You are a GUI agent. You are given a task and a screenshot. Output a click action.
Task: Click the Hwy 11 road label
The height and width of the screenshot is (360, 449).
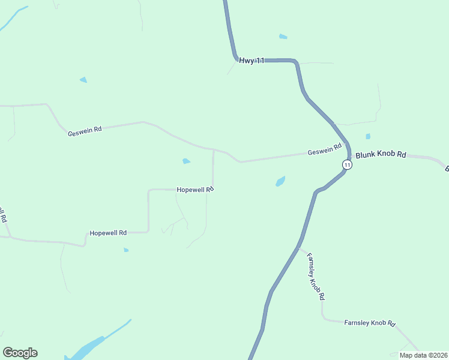[x=252, y=61]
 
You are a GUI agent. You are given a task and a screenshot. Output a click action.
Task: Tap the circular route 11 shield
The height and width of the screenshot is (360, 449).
[x=347, y=164]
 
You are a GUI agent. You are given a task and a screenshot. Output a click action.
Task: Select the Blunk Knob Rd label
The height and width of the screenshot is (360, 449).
[x=381, y=155]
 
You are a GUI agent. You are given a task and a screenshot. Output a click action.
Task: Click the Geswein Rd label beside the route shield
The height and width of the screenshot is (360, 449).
[x=325, y=150]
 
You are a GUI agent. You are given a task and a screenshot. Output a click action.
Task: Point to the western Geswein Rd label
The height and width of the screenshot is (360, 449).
[x=85, y=130]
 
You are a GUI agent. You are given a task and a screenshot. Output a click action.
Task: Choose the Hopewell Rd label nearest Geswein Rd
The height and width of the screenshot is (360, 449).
[x=195, y=190]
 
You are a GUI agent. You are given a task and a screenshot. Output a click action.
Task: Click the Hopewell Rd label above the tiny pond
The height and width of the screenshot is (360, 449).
[x=108, y=232]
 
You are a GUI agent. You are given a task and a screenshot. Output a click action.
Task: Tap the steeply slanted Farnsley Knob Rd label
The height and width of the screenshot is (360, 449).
[x=316, y=277]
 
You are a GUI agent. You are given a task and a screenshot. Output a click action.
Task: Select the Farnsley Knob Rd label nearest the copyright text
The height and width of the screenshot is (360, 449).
[x=370, y=323]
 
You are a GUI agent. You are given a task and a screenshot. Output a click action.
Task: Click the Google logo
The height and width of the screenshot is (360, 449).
[x=20, y=353]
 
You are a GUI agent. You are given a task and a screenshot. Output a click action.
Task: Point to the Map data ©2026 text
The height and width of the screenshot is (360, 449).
[x=423, y=355]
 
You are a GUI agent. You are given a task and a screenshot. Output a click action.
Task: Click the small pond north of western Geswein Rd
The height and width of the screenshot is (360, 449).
[x=83, y=80]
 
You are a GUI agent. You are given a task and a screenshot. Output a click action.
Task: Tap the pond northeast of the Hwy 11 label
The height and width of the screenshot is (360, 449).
[x=283, y=37]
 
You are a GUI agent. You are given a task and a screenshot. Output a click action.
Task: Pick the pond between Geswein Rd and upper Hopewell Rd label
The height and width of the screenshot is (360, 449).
[x=186, y=161]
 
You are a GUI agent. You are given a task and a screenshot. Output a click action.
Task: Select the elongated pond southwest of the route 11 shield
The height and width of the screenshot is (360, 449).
[x=280, y=181]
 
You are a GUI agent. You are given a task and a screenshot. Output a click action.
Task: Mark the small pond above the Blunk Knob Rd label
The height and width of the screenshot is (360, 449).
[x=368, y=136]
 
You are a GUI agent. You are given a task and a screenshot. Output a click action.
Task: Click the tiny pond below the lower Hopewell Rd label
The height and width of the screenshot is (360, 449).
[x=126, y=250]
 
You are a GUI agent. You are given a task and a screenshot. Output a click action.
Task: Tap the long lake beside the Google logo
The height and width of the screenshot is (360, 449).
[x=90, y=346]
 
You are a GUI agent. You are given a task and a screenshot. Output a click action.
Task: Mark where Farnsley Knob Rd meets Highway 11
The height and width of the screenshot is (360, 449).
[x=299, y=247]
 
